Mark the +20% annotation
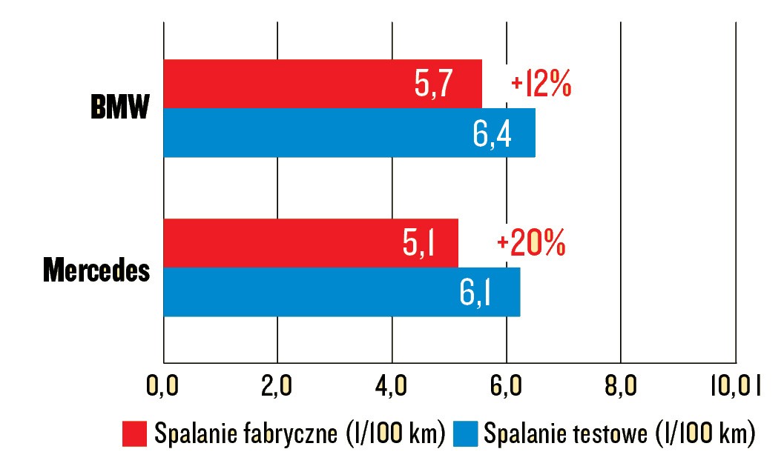(531, 244)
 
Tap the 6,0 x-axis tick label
(507, 386)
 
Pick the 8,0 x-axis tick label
(622, 386)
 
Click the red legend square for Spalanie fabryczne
(135, 433)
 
